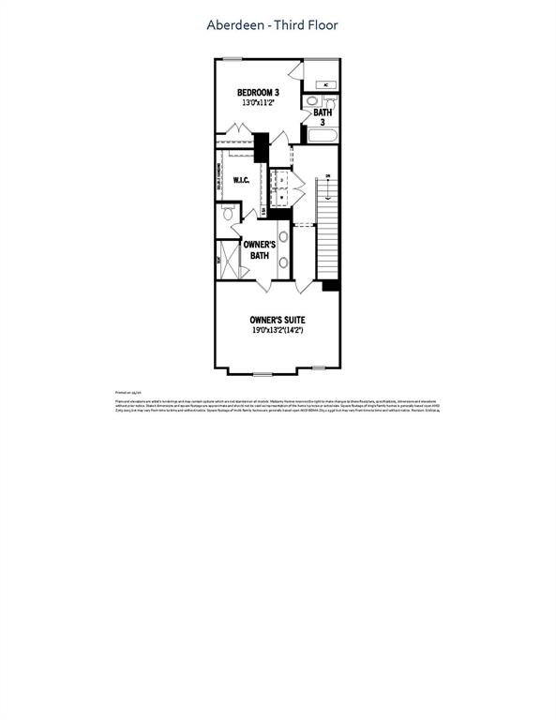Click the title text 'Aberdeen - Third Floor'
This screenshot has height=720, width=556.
(272, 25)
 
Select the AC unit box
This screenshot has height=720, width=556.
(324, 84)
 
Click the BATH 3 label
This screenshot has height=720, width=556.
(323, 117)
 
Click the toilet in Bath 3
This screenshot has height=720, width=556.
(311, 101)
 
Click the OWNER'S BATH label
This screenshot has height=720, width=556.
(259, 248)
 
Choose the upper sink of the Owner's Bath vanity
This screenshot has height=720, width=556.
(282, 236)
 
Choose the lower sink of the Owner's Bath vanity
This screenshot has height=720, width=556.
(282, 262)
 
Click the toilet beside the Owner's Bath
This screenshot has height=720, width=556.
(228, 215)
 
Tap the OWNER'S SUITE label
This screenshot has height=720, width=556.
(277, 320)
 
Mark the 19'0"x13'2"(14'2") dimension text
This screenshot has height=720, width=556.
(277, 331)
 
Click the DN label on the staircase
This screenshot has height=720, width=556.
(327, 176)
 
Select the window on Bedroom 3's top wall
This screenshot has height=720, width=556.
(233, 60)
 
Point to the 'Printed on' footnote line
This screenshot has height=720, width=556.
(128, 393)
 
